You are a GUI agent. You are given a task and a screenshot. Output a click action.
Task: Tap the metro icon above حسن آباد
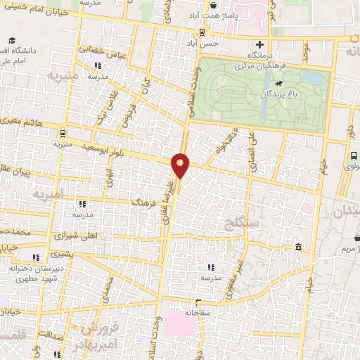202,32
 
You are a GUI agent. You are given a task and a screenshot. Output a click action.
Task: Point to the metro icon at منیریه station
63,131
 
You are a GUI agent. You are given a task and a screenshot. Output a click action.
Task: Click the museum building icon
300,247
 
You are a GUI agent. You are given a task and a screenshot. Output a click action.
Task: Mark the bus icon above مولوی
354,156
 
